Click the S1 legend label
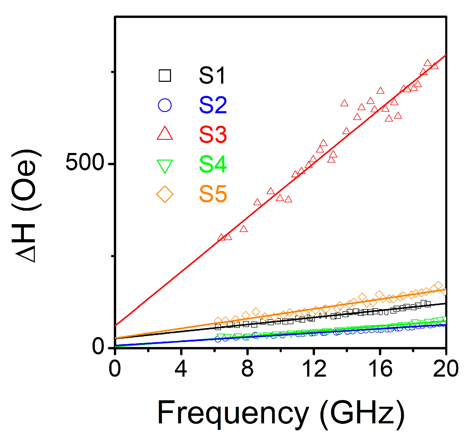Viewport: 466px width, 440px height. coord(212,76)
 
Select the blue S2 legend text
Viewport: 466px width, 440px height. coord(213,105)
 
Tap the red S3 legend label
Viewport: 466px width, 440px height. coord(213,135)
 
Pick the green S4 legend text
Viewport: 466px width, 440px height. coord(213,164)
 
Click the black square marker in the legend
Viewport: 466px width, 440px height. coord(165,76)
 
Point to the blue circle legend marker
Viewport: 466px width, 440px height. coord(165,105)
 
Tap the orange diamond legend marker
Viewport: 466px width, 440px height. coord(165,194)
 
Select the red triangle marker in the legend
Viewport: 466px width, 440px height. coord(165,134)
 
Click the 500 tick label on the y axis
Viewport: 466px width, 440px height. coord(85,163)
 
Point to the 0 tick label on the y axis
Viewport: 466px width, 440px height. coord(98,346)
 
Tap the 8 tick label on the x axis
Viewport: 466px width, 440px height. coord(247,369)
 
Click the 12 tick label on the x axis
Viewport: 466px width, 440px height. coord(314,369)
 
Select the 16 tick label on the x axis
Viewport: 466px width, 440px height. coord(380,369)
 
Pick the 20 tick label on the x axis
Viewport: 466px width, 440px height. coord(445,369)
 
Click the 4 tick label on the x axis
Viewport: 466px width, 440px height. coord(181,369)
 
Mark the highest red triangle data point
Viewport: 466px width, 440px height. coord(427,63)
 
